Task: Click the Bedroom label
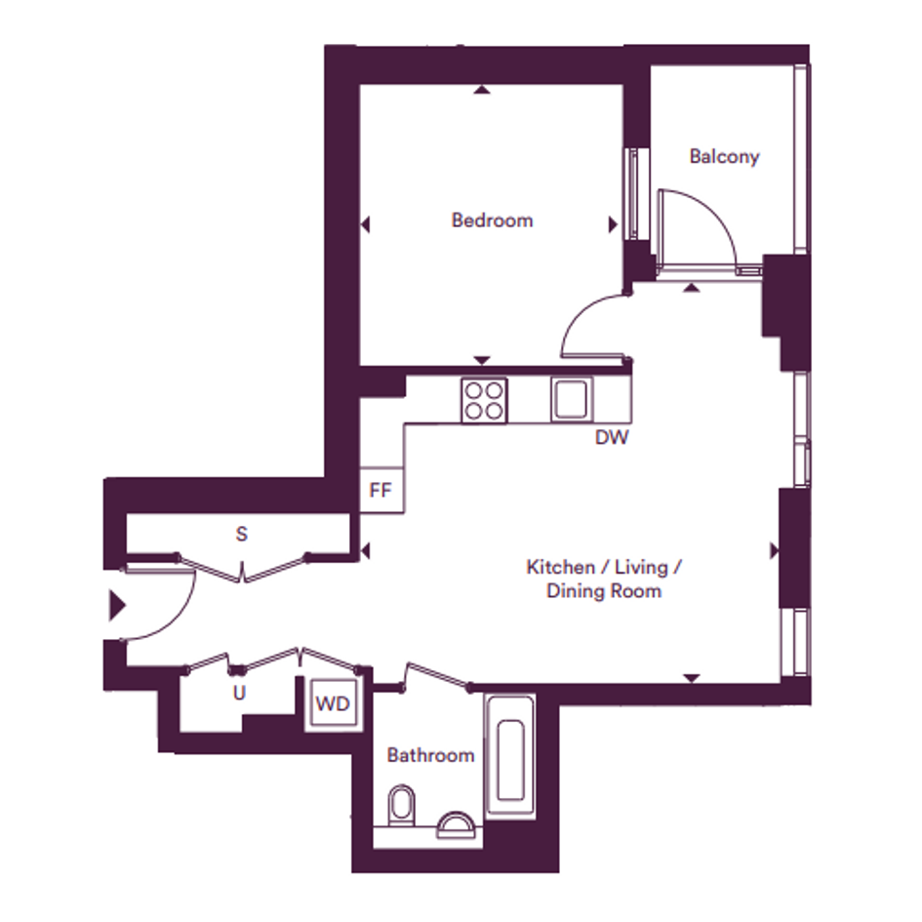pyautogui.click(x=492, y=220)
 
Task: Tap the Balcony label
pyautogui.click(x=724, y=157)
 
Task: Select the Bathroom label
pyautogui.click(x=430, y=755)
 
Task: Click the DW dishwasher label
pyautogui.click(x=612, y=437)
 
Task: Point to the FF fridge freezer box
pyautogui.click(x=381, y=491)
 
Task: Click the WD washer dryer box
pyautogui.click(x=333, y=703)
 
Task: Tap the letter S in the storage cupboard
pyautogui.click(x=241, y=534)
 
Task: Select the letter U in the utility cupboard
pyautogui.click(x=239, y=694)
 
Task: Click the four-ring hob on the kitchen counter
pyautogui.click(x=484, y=401)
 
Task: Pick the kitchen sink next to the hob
pyautogui.click(x=572, y=400)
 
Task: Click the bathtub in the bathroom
pyautogui.click(x=510, y=757)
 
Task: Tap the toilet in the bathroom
pyautogui.click(x=402, y=804)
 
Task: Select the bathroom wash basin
pyautogui.click(x=456, y=824)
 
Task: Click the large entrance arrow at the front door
pyautogui.click(x=118, y=605)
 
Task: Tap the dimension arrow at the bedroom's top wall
pyautogui.click(x=482, y=90)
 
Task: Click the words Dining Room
pyautogui.click(x=604, y=591)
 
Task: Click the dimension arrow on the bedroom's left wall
pyautogui.click(x=365, y=224)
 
